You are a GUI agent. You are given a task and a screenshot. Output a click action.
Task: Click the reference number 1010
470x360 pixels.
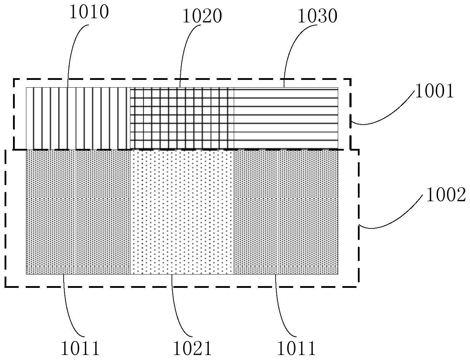point(89,12)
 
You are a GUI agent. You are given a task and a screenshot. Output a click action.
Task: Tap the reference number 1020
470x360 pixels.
point(202,16)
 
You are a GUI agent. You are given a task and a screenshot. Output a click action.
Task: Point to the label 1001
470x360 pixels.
point(434,91)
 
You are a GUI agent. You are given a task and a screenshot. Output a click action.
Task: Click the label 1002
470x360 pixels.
point(446,195)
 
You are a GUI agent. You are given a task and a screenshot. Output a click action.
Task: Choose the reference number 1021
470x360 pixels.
point(192,349)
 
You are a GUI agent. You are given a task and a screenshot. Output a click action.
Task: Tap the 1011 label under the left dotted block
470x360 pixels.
point(81,349)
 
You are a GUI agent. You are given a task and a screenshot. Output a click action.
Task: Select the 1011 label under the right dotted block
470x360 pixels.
point(296,349)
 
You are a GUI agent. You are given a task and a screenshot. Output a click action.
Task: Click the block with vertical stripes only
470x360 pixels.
point(78,118)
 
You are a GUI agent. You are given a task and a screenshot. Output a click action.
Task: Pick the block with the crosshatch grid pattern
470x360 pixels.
point(182,118)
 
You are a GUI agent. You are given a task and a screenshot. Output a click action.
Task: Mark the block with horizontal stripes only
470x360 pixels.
point(286,118)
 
